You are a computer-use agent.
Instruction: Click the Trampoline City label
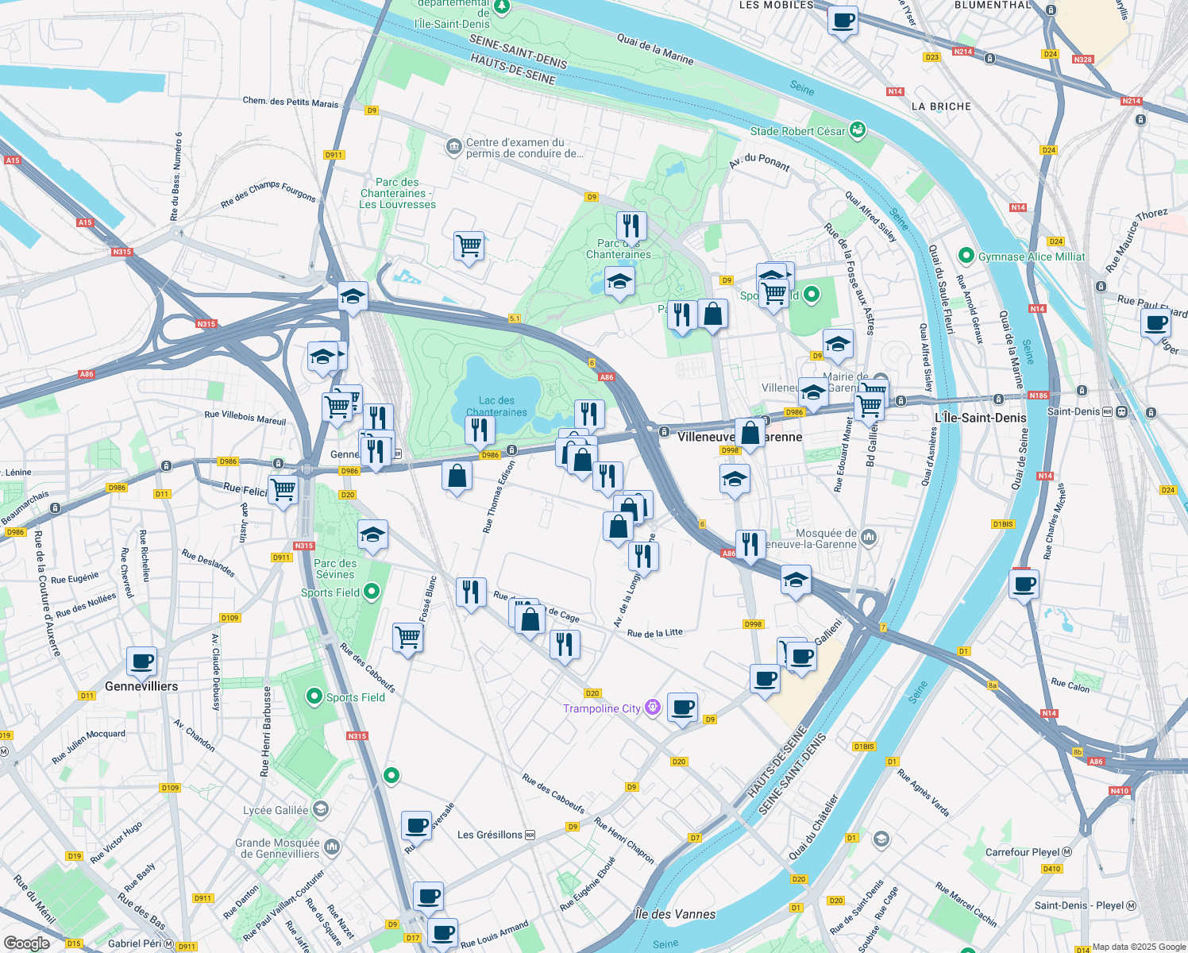(602, 708)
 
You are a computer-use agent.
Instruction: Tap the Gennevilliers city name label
(141, 686)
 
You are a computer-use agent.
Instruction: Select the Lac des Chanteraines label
(496, 407)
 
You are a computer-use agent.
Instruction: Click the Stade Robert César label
(797, 131)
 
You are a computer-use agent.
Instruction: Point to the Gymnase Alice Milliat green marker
(966, 256)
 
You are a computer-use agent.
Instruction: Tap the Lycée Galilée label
(276, 810)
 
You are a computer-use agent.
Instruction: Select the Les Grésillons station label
(490, 835)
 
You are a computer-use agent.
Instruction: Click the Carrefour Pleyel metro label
(1023, 852)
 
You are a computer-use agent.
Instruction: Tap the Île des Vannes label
(675, 914)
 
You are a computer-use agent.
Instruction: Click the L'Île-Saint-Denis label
(980, 418)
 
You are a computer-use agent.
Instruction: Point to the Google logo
(27, 943)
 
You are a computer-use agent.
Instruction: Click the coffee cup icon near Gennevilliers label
(141, 661)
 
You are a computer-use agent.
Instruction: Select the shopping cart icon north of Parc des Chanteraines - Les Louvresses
(469, 246)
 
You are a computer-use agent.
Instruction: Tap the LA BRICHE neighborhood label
(941, 106)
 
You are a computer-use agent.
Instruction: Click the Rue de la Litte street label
(654, 633)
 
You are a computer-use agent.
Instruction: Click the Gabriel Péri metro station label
(135, 943)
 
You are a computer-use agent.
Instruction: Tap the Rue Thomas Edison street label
(499, 496)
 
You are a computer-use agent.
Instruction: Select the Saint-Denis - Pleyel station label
(1079, 905)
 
